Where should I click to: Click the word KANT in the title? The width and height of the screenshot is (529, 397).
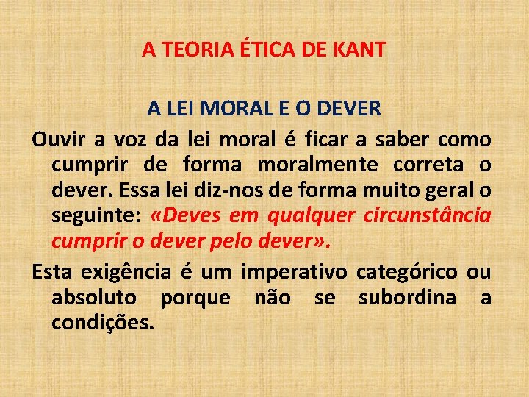point(359,50)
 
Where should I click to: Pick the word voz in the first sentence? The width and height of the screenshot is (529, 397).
point(137,139)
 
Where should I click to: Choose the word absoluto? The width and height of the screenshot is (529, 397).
point(94,298)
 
